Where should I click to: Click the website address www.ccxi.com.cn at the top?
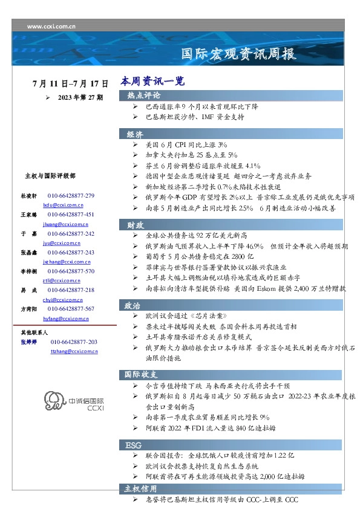pos(51,27)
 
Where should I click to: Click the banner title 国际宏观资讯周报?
pos(239,54)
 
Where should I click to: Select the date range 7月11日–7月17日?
pos(71,83)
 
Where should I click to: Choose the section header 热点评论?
pos(143,96)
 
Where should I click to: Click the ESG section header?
pos(133,445)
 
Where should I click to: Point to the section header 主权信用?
pos(140,488)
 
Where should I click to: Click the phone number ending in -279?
pos(71,196)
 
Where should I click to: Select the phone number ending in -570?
pos(71,271)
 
